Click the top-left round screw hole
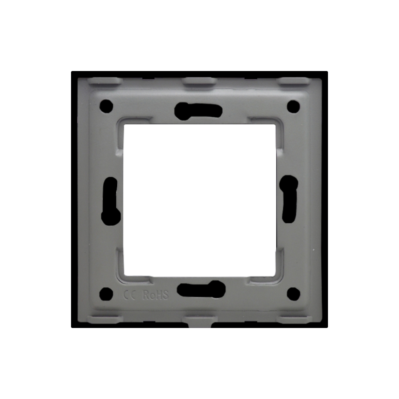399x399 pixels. pos(106,106)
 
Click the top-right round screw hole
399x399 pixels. pos(293,106)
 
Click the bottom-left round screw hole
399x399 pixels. pos(106,294)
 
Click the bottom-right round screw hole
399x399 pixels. pos(293,294)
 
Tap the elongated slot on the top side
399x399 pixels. pos(199,110)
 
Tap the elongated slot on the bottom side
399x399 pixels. pos(201,289)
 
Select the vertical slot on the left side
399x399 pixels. pos(111,201)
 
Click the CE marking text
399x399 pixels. pos(130,295)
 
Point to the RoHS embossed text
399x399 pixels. pos(156,295)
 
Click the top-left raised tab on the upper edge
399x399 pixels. pos(105,81)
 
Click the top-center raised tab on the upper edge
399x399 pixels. pos(199,81)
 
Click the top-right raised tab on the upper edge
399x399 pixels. pos(294,81)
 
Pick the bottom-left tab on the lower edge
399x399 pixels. pos(105,320)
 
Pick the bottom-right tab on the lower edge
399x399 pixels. pos(294,320)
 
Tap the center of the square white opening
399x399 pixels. pos(199,199)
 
